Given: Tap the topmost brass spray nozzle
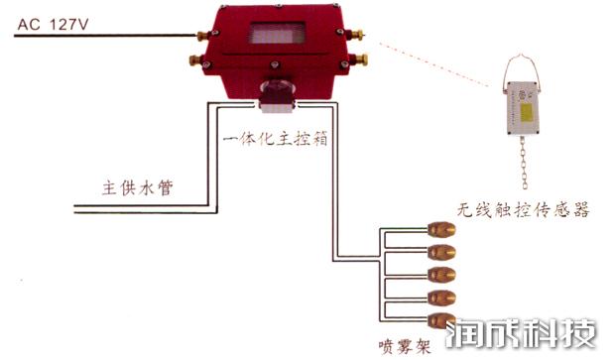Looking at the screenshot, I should (440, 228).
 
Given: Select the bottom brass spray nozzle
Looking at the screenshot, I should (440, 317).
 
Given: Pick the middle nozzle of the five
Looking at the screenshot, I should (440, 273).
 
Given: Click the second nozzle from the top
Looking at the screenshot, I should (440, 251).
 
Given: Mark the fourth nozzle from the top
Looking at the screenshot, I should (440, 296).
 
